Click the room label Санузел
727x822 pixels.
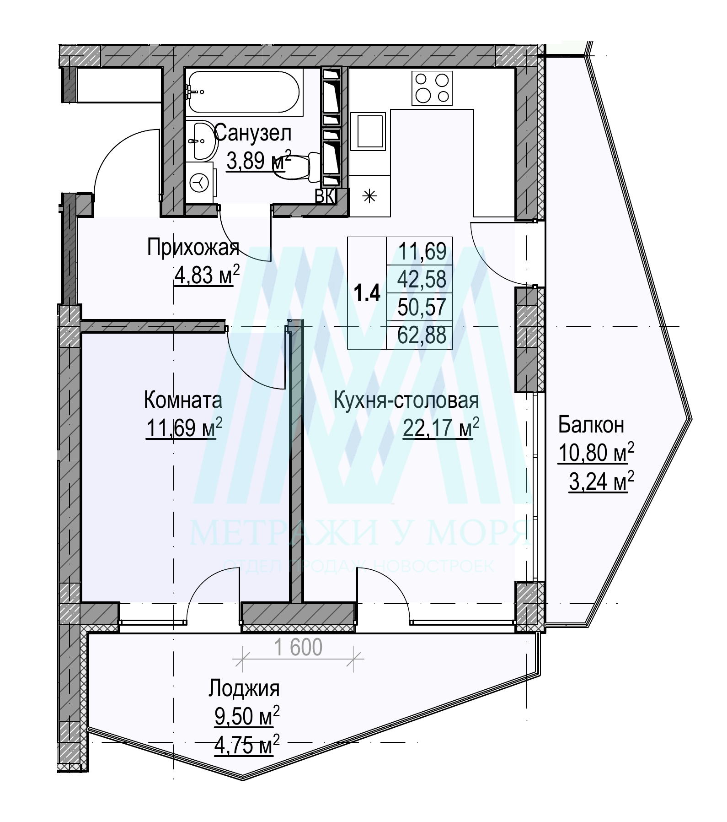tap(253, 134)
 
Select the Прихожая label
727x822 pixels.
tap(193, 249)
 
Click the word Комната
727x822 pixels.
tap(183, 400)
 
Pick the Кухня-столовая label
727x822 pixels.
tap(407, 400)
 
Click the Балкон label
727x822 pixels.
tap(591, 425)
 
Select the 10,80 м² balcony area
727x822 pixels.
tap(596, 453)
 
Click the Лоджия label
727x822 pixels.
tap(244, 688)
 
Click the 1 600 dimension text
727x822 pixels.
tap(299, 647)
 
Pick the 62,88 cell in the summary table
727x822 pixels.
tap(422, 335)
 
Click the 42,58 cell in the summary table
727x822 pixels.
tap(422, 279)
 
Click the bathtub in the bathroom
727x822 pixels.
tap(244, 92)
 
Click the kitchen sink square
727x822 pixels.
tap(369, 130)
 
